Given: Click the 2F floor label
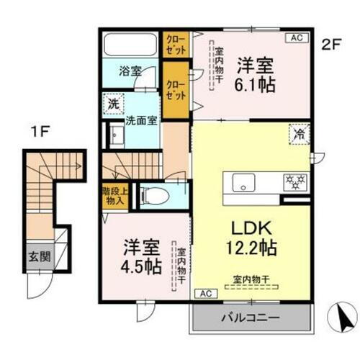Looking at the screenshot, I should (330, 44).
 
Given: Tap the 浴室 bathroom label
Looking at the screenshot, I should (130, 72).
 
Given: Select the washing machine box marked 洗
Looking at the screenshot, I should (113, 104).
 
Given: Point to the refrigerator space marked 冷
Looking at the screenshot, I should (298, 133).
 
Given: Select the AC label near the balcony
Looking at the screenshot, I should (204, 294).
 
